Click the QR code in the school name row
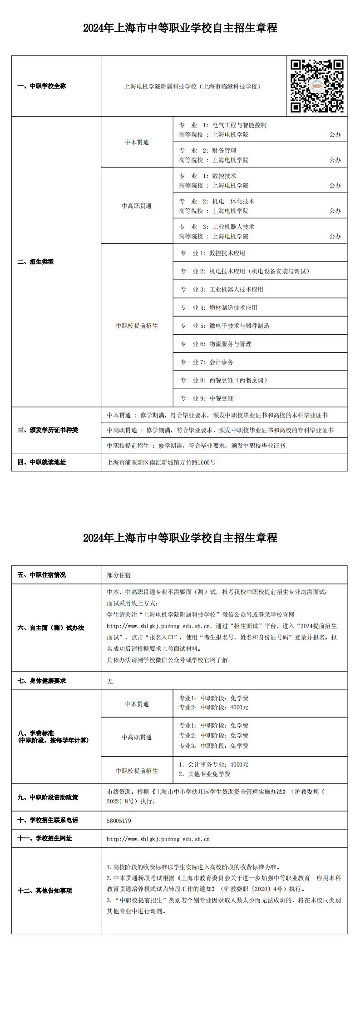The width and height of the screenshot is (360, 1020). (x=317, y=85)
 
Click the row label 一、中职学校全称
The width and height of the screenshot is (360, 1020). (x=42, y=86)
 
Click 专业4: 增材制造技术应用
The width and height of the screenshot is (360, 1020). (x=233, y=307)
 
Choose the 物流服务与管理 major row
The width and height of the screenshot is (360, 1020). (x=230, y=344)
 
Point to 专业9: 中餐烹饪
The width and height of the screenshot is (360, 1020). (x=221, y=398)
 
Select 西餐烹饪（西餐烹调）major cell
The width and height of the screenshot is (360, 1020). (x=238, y=380)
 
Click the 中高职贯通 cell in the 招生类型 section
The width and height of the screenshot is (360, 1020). (x=137, y=206)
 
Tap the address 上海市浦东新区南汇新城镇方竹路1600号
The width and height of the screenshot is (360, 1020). (x=161, y=462)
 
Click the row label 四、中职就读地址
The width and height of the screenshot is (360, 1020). (x=42, y=462)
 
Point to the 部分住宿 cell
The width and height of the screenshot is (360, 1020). (x=118, y=575)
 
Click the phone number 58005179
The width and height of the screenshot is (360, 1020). (x=119, y=821)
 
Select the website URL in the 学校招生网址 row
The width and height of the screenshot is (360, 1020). (x=158, y=839)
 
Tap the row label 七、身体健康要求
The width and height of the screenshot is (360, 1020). (x=42, y=681)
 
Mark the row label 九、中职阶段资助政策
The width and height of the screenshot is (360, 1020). (x=48, y=797)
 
